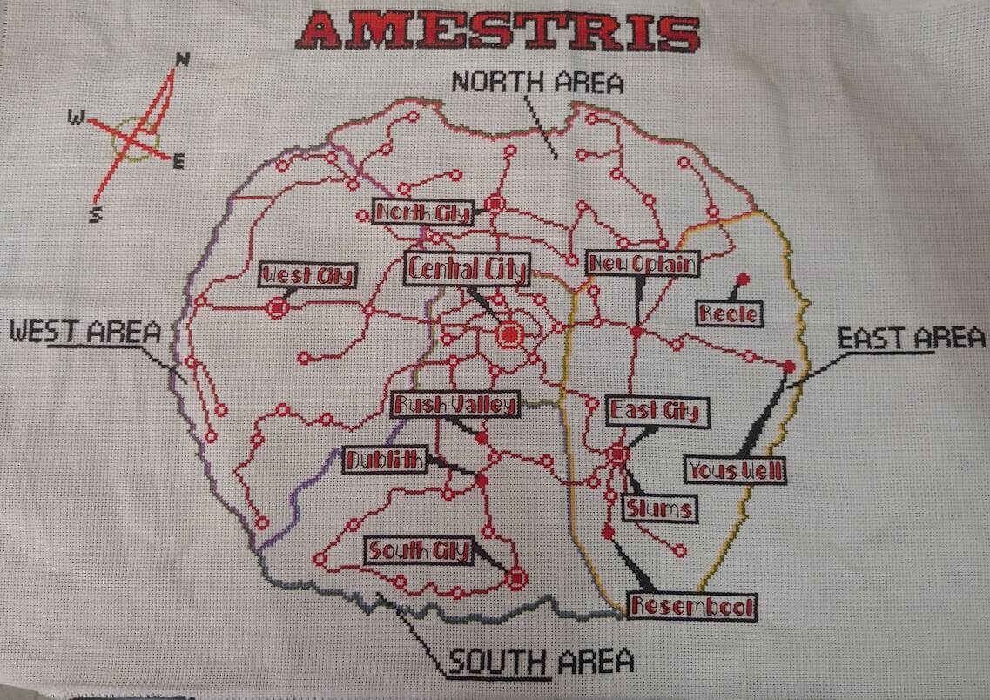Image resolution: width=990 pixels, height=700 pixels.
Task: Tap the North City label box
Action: pos(423,212)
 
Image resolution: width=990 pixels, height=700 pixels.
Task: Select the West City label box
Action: pos(308,276)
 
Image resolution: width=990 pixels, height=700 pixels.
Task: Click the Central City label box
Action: pos(467,269)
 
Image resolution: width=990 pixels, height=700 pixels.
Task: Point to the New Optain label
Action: pos(643,263)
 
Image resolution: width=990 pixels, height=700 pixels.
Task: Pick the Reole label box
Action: pos(728,313)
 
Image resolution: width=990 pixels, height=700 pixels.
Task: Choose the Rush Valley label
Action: pos(455,404)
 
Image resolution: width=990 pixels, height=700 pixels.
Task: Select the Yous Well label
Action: pos(737,470)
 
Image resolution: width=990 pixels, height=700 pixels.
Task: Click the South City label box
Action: pos(419,550)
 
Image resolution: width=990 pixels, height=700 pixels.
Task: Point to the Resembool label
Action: pos(693,606)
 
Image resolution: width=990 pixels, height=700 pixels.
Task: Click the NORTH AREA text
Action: pos(537,83)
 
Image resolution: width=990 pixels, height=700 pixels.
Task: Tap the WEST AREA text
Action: pos(85,331)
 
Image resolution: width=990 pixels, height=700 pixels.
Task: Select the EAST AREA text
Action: pos(911,338)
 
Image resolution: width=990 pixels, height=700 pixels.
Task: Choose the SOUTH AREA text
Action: pos(540,663)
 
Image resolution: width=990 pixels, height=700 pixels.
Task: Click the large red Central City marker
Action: pos(509,333)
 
